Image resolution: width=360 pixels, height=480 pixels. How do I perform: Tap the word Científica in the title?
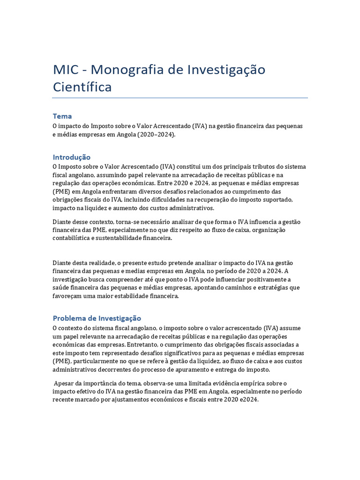pyautogui.click(x=82, y=87)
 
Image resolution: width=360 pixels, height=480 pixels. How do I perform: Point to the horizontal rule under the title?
pyautogui.click(x=180, y=98)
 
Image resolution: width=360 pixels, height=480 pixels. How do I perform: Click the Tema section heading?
pyautogui.click(x=62, y=116)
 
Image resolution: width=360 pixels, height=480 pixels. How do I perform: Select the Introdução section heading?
pyautogui.click(x=71, y=157)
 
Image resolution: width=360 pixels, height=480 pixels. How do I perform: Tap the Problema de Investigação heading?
pyautogui.click(x=97, y=318)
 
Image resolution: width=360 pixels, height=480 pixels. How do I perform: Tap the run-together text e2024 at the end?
pyautogui.click(x=248, y=400)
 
